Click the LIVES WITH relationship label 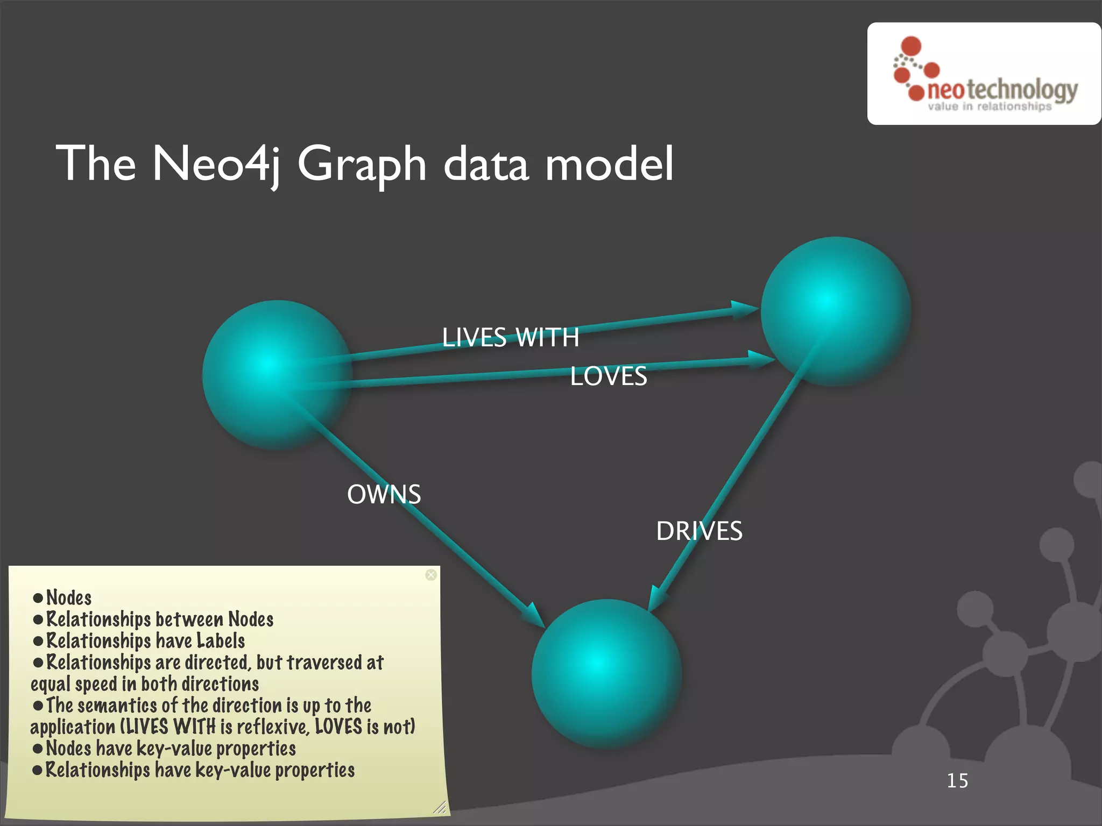(510, 338)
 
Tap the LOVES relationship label (608, 376)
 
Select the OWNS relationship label (384, 494)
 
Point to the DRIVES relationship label (699, 531)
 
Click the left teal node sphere (277, 375)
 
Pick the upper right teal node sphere (835, 311)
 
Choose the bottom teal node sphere (606, 674)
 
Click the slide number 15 (957, 781)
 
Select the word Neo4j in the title (216, 163)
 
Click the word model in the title (609, 163)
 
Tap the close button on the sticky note (431, 575)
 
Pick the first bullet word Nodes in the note (69, 597)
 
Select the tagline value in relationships (989, 106)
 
